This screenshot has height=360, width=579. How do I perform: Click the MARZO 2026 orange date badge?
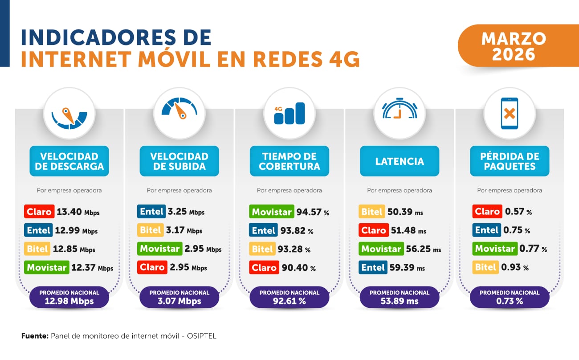click(x=513, y=46)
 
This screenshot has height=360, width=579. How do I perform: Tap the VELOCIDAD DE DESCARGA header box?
click(x=69, y=161)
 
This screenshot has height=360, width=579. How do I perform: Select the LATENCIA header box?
click(x=400, y=161)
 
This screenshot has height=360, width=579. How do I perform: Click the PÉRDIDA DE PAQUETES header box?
click(x=510, y=161)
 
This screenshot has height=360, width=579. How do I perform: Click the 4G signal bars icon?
click(x=289, y=113)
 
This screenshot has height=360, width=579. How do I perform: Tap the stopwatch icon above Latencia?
click(x=400, y=111)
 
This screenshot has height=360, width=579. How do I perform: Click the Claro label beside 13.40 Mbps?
click(x=39, y=212)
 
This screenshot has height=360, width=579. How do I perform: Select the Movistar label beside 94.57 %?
click(x=272, y=212)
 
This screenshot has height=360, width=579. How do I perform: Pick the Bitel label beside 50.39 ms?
click(x=371, y=212)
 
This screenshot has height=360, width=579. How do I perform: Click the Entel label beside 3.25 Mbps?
click(x=151, y=212)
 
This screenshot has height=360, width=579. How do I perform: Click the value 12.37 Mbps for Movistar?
click(x=92, y=268)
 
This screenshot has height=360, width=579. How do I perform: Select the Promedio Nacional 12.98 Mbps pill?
click(x=69, y=297)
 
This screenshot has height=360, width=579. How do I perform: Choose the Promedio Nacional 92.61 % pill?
click(x=289, y=297)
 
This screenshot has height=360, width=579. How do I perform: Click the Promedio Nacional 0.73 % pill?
click(x=510, y=297)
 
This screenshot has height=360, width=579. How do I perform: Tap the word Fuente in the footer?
click(x=35, y=336)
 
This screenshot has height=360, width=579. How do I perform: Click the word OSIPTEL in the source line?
click(x=201, y=336)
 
